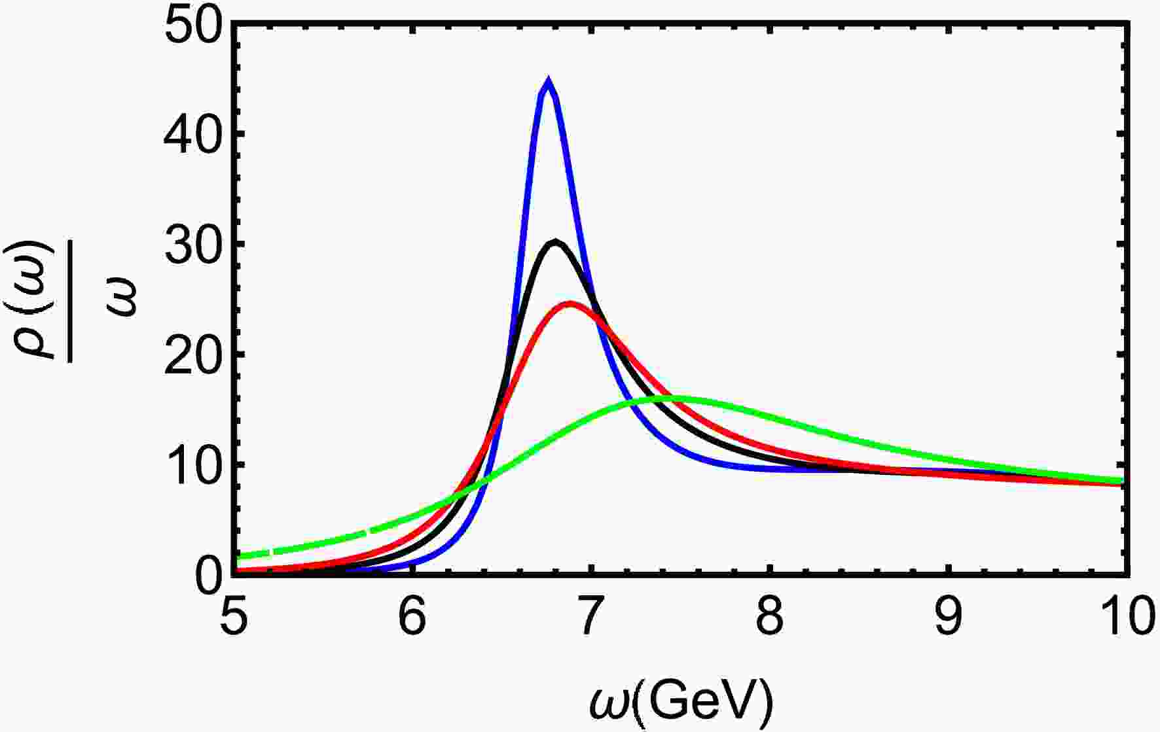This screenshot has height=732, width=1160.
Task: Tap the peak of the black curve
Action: [x=556, y=242]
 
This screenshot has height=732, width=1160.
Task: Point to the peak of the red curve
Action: [x=571, y=303]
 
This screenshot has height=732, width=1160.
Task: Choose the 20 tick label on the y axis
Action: [x=195, y=355]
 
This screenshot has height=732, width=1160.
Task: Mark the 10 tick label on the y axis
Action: [x=195, y=465]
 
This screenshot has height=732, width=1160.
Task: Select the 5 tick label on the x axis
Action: [x=234, y=619]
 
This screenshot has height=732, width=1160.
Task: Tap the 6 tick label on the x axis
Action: [x=413, y=619]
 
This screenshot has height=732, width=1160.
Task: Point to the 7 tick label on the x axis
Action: [x=592, y=619]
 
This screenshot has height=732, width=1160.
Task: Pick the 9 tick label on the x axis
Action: [x=949, y=619]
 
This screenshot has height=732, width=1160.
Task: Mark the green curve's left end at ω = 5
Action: [x=240, y=557]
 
